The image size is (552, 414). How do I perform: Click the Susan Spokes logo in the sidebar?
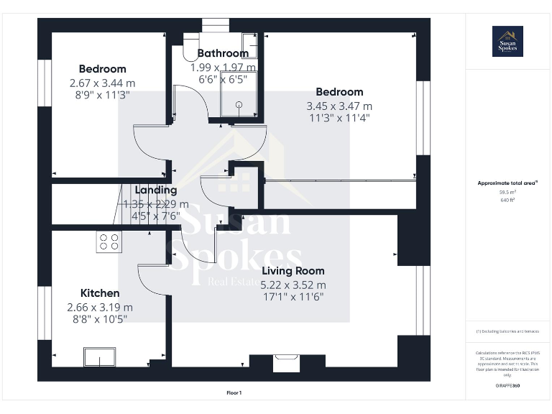click(507, 41)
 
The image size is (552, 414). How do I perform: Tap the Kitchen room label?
click(100, 293)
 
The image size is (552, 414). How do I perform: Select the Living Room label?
click(293, 271)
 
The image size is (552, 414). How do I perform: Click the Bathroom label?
click(223, 53)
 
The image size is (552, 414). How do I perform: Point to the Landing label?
click(156, 190)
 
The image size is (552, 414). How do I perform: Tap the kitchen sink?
click(99, 356)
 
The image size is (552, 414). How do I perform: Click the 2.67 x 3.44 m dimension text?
click(102, 83)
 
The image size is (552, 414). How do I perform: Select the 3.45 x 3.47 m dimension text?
click(339, 106)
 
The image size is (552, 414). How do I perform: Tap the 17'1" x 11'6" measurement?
click(293, 296)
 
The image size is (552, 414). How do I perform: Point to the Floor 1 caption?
click(234, 393)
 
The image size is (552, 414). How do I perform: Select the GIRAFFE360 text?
click(507, 387)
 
